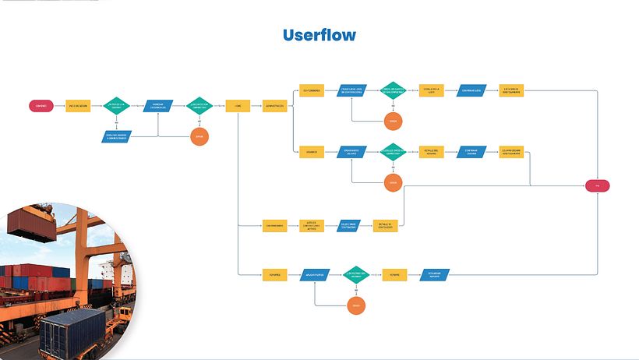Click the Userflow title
(319, 35)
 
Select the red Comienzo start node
(41, 105)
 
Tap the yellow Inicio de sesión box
(77, 105)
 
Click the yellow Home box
(238, 105)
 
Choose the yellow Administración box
(274, 105)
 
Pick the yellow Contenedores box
(312, 90)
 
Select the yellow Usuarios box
(312, 152)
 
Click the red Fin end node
(597, 185)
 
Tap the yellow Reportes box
(274, 274)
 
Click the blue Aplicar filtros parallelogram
(314, 274)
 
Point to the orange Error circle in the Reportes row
(355, 305)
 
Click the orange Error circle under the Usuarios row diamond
(394, 183)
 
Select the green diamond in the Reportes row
(355, 274)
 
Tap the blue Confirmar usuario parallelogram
(471, 152)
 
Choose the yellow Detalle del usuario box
(431, 152)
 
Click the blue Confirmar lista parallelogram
(471, 90)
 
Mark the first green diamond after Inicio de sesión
(117, 105)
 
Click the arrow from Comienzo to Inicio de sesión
(59, 105)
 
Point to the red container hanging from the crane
(29, 222)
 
